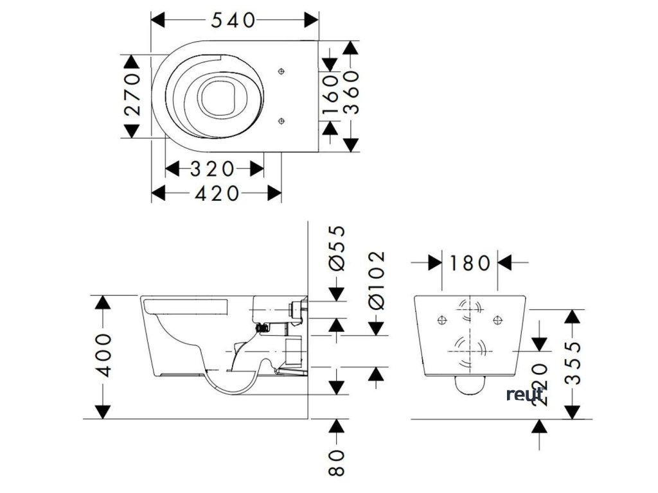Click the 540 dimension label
234,21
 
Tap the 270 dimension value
132,94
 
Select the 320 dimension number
213,169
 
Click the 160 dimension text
330,94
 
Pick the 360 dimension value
351,94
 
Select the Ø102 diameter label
377,280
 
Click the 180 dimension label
470,263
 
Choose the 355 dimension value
573,362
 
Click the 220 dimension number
540,384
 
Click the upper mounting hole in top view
281,71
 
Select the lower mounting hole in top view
281,120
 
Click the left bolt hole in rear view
440,319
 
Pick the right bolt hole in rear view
496,319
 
